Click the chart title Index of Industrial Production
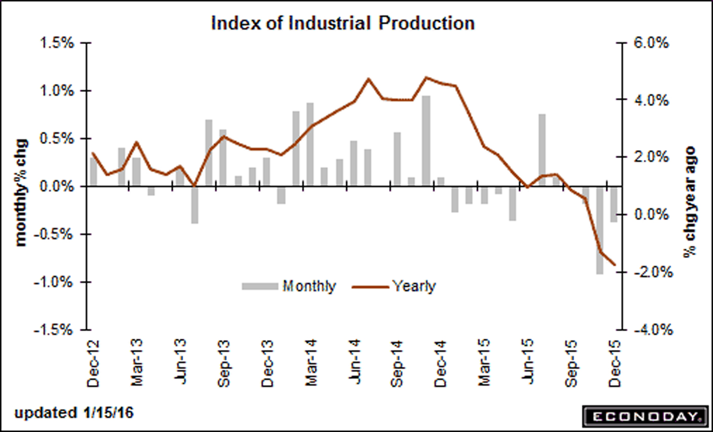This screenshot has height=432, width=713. (x=343, y=23)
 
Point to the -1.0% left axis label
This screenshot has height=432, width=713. (x=53, y=282)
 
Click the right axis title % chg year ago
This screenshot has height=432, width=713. (x=690, y=202)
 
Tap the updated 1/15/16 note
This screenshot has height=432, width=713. (x=74, y=413)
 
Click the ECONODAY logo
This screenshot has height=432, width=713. (x=645, y=416)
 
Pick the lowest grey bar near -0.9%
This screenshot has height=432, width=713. (x=600, y=230)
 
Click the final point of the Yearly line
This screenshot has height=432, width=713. (x=614, y=264)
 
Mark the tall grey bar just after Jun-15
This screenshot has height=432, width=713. (x=542, y=150)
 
